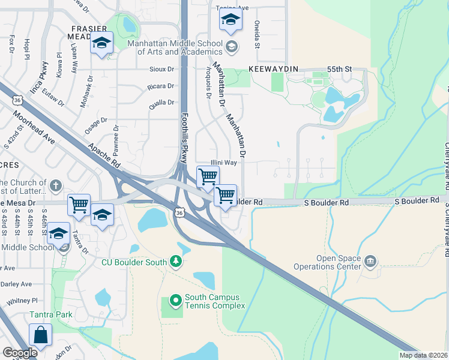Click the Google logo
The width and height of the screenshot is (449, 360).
click(19, 353)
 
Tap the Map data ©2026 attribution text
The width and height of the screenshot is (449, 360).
click(424, 355)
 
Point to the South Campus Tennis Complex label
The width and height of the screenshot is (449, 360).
click(215, 301)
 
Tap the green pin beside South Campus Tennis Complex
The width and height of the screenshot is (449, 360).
click(175, 299)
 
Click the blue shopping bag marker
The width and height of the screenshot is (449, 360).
click(41, 335)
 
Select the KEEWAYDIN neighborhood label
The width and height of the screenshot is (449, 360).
click(274, 70)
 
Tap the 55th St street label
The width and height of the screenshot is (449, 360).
click(339, 70)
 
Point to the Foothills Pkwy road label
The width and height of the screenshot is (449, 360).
click(184, 138)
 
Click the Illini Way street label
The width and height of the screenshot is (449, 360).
click(223, 163)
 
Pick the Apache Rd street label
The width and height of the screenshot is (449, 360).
click(104, 155)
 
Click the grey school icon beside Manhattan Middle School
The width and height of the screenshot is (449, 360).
click(231, 46)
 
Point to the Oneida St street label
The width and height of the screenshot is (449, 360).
click(256, 37)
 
